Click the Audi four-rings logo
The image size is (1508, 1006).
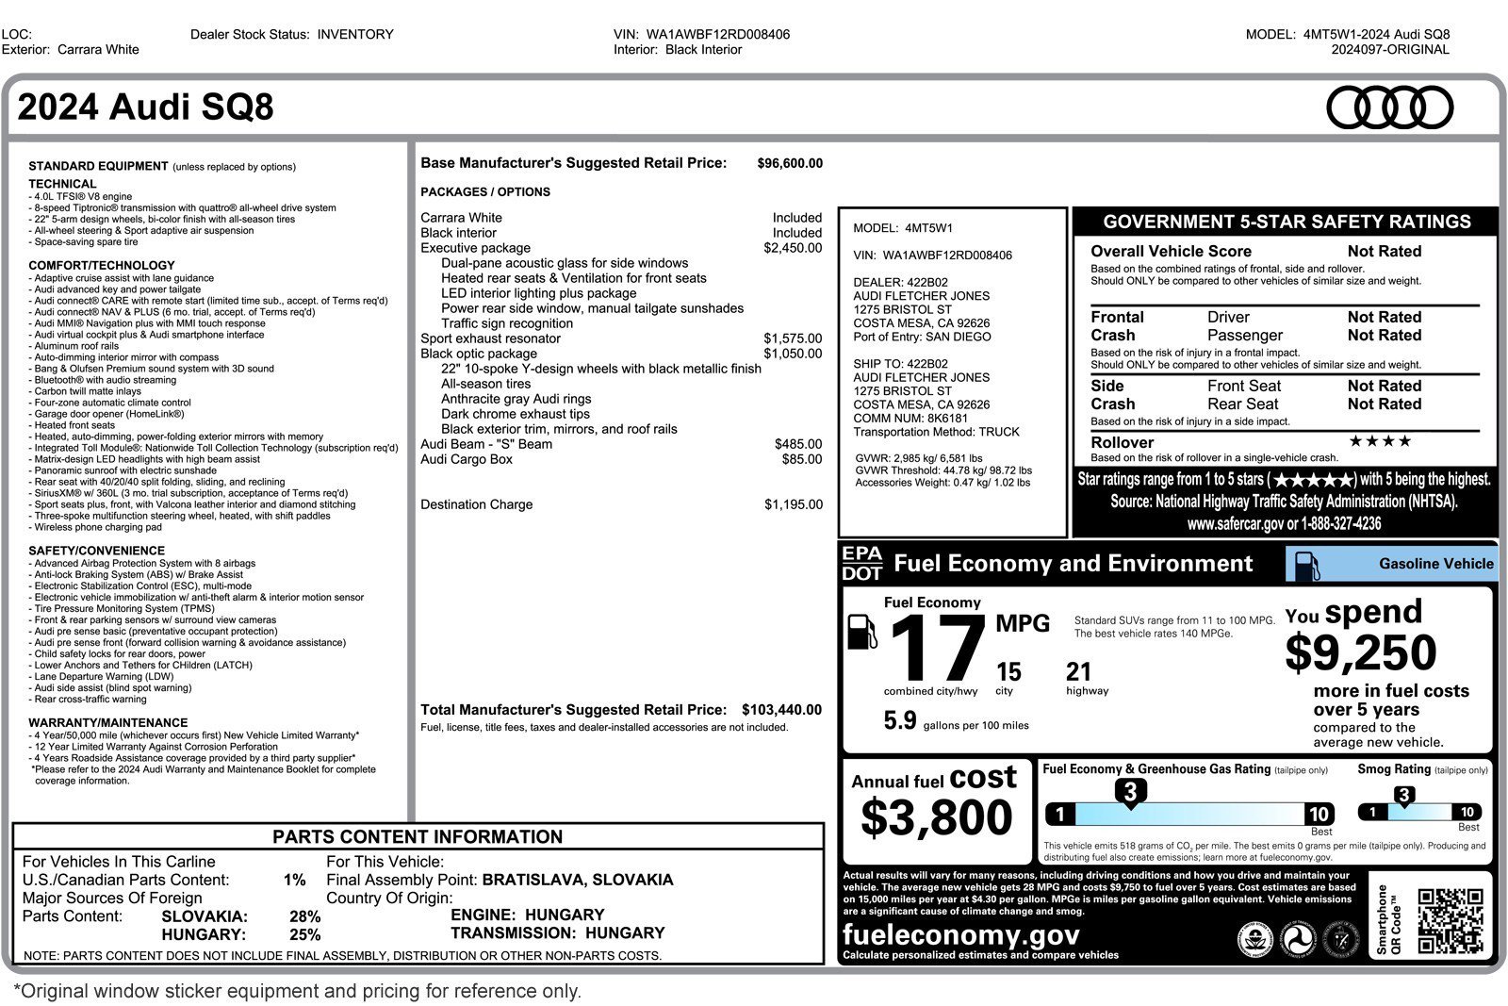[x=1389, y=107]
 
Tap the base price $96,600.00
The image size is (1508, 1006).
[x=790, y=163]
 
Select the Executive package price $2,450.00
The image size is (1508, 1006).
[x=793, y=248]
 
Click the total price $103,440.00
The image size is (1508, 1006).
[x=781, y=710]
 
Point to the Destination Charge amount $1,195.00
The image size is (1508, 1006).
[x=793, y=504]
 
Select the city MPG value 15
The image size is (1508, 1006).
[x=1008, y=672]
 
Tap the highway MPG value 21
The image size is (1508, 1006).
[x=1078, y=672]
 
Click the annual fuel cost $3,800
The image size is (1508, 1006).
[x=936, y=816]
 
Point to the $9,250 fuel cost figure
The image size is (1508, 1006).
[x=1360, y=652]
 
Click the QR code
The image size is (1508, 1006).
[x=1450, y=921]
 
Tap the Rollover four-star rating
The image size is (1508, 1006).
[x=1380, y=441]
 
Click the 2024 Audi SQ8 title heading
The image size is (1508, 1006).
[x=146, y=107]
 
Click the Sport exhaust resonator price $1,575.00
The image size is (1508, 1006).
[x=793, y=338]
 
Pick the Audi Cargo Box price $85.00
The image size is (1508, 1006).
[x=801, y=459]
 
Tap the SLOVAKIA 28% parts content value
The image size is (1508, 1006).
[x=304, y=916]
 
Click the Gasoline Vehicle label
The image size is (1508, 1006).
[x=1435, y=564]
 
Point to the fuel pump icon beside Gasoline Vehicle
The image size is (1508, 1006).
[x=1306, y=565]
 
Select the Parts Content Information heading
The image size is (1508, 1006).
[x=418, y=837]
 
